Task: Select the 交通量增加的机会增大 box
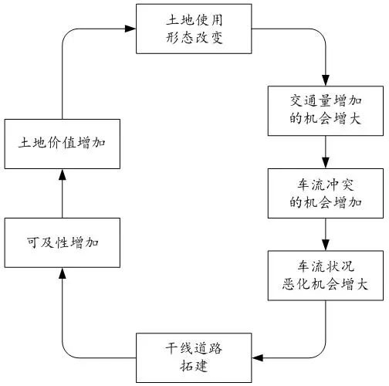[324, 111]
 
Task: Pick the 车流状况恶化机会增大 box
[324, 275]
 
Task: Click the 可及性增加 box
[61, 242]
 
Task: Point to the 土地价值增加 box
[61, 144]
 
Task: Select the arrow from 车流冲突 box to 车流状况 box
[324, 232]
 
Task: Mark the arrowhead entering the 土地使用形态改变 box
[130, 29]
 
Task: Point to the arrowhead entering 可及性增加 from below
[61, 272]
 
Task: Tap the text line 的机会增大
[324, 120]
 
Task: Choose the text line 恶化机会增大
[324, 284]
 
